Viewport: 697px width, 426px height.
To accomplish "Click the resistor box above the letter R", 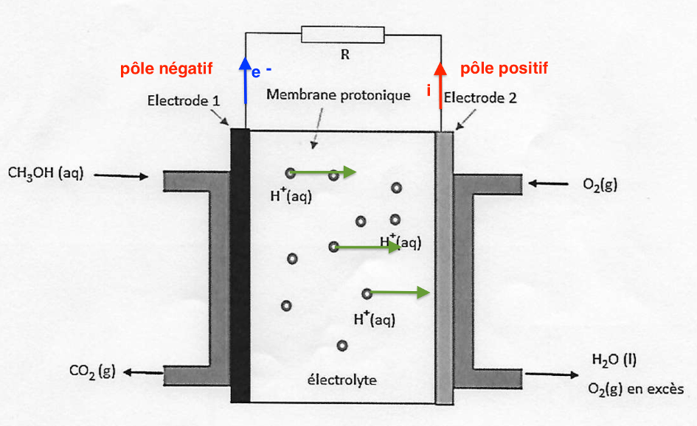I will click(x=343, y=34).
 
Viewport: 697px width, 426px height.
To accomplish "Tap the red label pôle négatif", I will click(x=166, y=69).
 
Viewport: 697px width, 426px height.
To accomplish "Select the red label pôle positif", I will click(x=504, y=69).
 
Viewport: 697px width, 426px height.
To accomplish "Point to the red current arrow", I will click(x=440, y=85).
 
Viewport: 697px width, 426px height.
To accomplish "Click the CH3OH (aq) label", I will click(x=46, y=175).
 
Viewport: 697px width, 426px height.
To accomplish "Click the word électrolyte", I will click(x=341, y=380).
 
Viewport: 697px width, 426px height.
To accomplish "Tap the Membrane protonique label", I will click(x=338, y=95).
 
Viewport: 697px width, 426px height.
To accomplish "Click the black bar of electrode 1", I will click(x=240, y=265).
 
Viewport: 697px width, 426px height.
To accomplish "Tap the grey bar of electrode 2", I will click(x=443, y=265).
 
